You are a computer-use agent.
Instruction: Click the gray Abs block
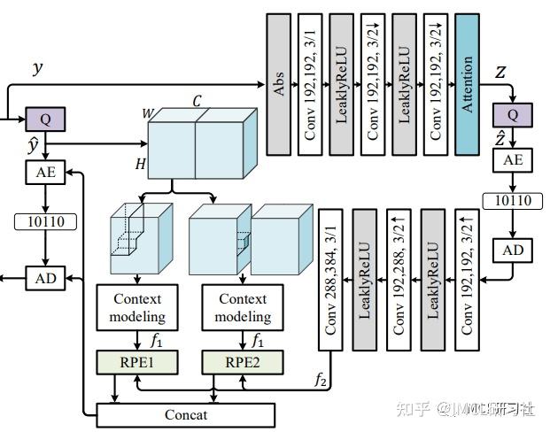tap(278, 84)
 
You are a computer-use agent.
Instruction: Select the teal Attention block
tap(469, 84)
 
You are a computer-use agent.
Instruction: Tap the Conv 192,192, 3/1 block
tap(310, 84)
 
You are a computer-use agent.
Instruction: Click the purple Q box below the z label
tap(512, 114)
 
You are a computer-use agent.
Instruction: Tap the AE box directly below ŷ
tap(45, 172)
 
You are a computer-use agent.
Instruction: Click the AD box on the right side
tap(513, 251)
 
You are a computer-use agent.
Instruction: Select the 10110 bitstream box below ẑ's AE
tap(513, 201)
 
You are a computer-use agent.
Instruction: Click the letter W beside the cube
tap(146, 113)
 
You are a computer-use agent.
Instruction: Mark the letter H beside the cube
tap(140, 164)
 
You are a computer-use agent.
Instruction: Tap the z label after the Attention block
tap(500, 73)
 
